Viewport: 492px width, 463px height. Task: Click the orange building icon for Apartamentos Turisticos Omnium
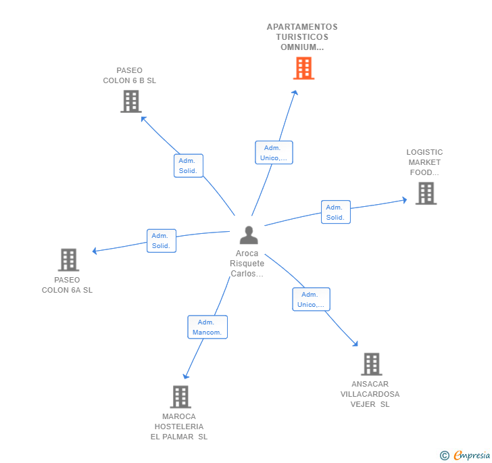(303, 68)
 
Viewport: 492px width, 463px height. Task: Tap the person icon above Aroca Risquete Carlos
(249, 235)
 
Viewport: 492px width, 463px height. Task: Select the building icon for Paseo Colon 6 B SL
(130, 101)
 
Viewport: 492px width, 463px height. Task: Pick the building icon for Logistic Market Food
(426, 193)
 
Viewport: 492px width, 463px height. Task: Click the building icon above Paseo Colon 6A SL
(68, 260)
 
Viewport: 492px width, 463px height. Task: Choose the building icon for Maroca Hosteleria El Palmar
(180, 397)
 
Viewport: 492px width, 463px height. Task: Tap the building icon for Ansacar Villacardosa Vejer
(371, 364)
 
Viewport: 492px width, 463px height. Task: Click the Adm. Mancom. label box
(207, 327)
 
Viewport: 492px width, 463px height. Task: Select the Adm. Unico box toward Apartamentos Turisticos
(273, 153)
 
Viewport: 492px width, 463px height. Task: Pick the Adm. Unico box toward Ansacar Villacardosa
(311, 299)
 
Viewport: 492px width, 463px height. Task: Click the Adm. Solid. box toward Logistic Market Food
(335, 212)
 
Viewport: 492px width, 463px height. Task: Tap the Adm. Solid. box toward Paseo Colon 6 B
(188, 166)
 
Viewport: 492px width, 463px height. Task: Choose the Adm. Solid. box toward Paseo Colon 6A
(161, 241)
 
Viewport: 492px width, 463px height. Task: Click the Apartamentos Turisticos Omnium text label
(302, 37)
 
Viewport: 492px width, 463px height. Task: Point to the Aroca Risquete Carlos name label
(247, 264)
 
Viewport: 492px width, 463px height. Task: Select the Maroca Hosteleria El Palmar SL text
(179, 427)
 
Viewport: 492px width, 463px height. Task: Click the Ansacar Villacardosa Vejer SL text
(370, 394)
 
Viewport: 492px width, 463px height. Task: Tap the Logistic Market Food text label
(424, 162)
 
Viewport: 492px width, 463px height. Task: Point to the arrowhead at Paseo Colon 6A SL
(95, 251)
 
